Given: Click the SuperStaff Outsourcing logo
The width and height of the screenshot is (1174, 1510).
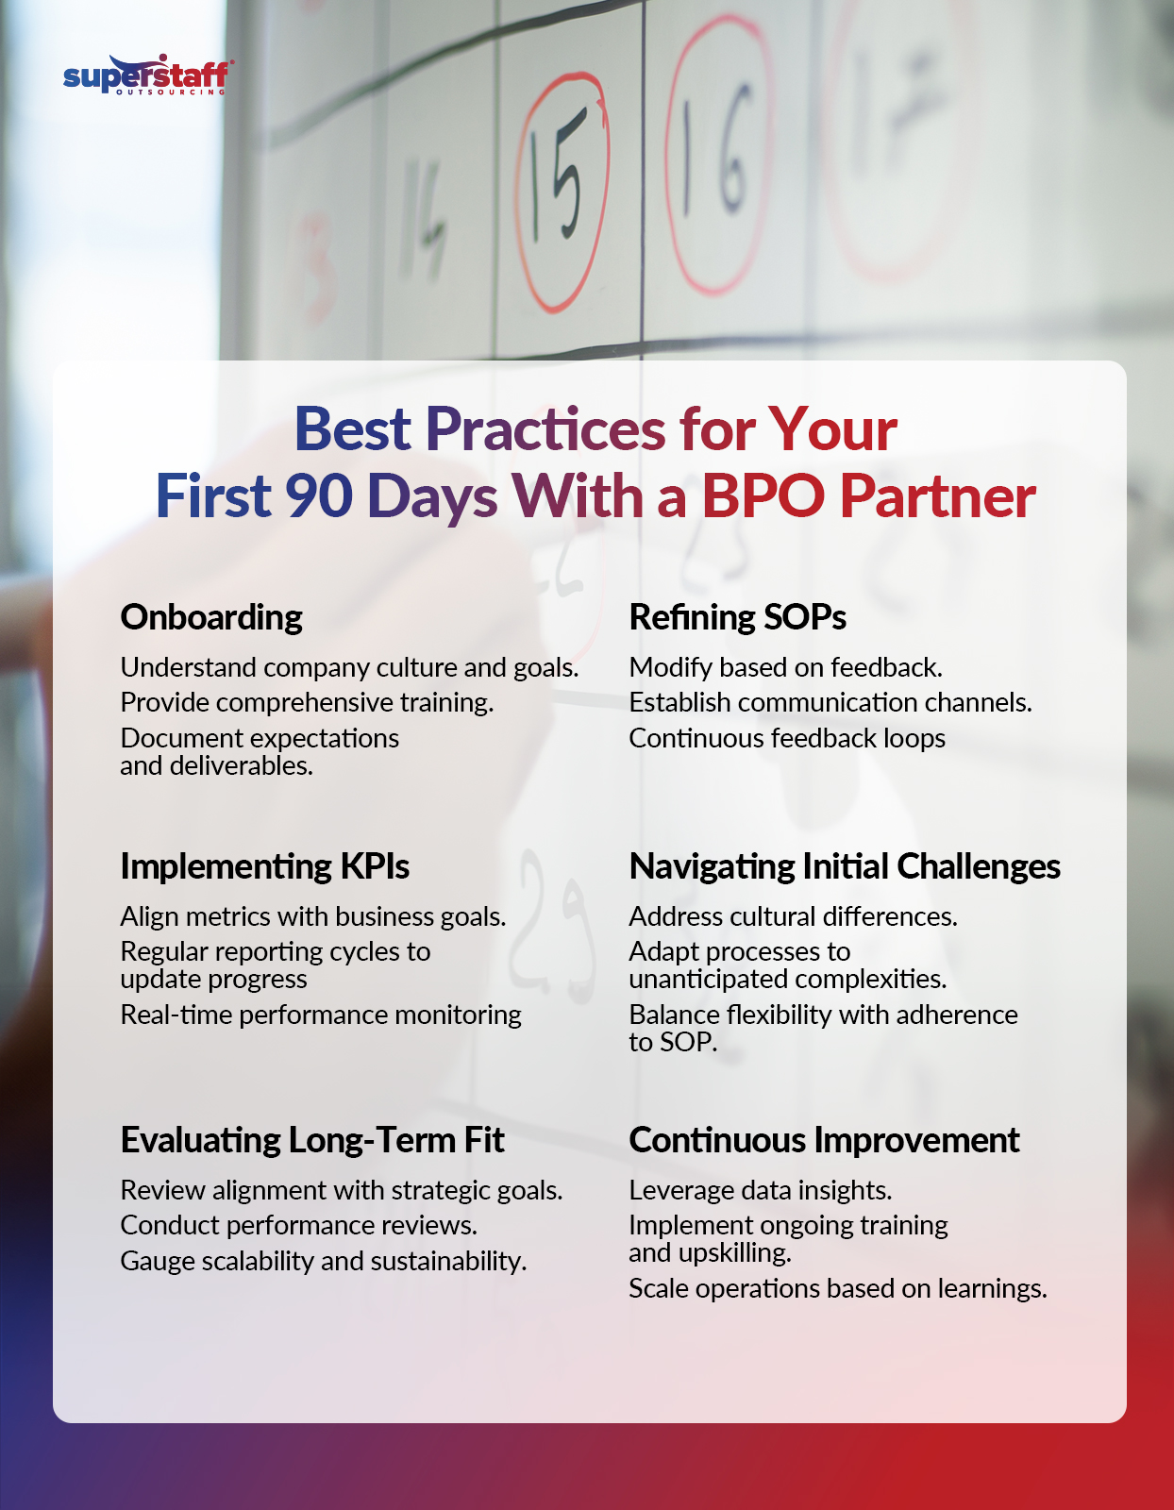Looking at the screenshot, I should coord(147,75).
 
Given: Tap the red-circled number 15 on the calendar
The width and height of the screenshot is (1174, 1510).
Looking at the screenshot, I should coord(562,189).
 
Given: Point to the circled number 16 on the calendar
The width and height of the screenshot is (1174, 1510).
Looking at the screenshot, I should coord(717,156).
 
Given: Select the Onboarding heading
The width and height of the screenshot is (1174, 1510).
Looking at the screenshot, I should coord(211,617).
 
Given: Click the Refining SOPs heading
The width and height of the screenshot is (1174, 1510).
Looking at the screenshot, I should coord(737,617).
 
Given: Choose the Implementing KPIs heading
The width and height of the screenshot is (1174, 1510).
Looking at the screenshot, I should coord(264,866).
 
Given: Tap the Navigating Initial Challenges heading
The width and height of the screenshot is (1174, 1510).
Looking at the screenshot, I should coord(845,866).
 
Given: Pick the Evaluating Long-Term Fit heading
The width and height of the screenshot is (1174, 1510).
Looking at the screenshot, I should coord(312,1140).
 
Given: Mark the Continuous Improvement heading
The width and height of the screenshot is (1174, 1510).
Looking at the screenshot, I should coord(824,1140).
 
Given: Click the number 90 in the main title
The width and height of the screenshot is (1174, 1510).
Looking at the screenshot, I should coord(319,496).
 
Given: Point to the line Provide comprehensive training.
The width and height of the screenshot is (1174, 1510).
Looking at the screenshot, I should coord(307,703).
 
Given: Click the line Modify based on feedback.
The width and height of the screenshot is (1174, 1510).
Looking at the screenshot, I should coord(785,667).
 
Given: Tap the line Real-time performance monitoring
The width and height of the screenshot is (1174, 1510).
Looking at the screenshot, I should coord(321,1015).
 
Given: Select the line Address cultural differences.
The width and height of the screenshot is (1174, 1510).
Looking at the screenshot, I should coord(793,916).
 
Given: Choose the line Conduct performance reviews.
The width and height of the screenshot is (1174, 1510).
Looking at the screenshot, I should coord(298,1225).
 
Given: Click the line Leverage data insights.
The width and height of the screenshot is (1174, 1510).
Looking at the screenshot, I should coord(760,1190).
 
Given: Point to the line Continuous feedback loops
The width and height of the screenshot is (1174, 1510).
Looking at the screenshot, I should coord(787,738).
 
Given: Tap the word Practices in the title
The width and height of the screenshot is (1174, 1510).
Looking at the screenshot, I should coord(545,429).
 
